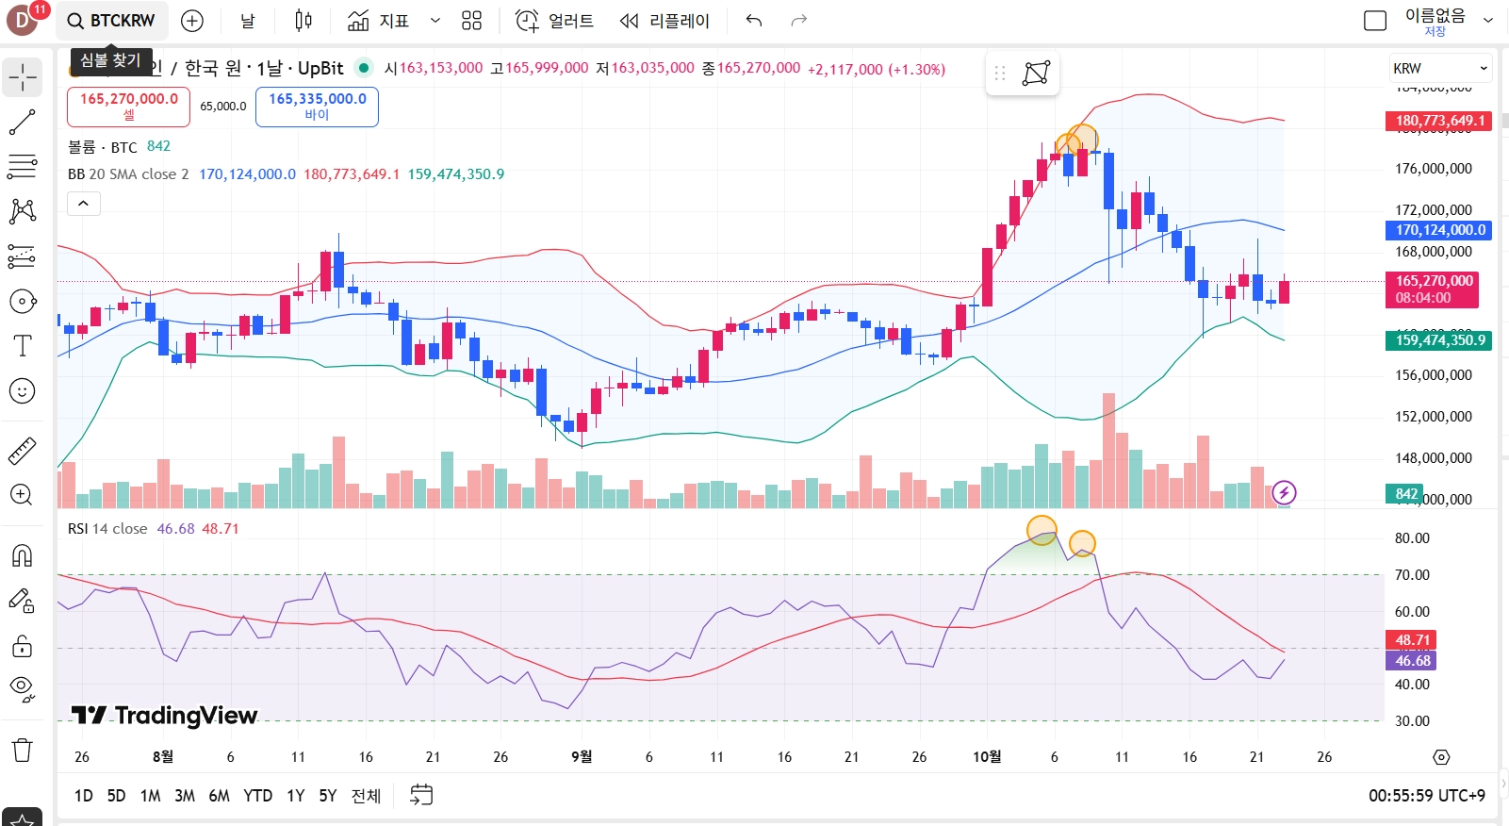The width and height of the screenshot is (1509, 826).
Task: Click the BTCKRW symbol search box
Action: [x=112, y=21]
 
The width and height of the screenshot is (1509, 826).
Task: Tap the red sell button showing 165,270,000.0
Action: [x=128, y=106]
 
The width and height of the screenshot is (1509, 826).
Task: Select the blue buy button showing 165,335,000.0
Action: [x=317, y=106]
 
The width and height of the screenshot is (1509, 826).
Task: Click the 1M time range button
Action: [x=150, y=796]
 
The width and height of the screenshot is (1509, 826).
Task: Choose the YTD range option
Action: [x=257, y=796]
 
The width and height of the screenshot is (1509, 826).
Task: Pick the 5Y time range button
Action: [x=327, y=796]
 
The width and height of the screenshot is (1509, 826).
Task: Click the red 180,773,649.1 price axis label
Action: [x=1438, y=121]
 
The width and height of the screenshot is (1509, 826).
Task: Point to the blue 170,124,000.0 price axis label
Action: [x=1438, y=230]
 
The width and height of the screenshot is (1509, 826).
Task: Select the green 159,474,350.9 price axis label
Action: [x=1438, y=340]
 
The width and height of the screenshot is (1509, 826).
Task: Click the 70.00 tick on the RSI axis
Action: [x=1412, y=575]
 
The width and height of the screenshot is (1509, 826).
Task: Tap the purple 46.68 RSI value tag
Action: [x=1413, y=661]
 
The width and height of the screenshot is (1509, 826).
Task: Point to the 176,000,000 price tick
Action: [x=1433, y=169]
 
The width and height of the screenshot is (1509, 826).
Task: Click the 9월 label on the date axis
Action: [x=582, y=756]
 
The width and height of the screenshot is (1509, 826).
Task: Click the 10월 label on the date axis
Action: [x=987, y=756]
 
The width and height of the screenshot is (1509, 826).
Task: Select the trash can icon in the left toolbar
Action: [x=23, y=751]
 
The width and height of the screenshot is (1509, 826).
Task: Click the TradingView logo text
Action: [x=166, y=716]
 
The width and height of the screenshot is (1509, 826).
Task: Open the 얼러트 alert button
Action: [x=555, y=21]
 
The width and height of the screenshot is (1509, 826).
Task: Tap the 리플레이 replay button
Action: [x=664, y=21]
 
